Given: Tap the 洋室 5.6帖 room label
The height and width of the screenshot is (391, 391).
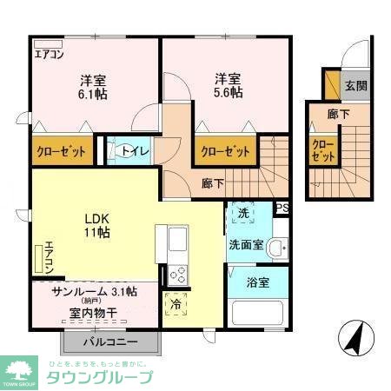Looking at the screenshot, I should point(229,84).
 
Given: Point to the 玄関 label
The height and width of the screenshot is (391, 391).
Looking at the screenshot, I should point(355,85).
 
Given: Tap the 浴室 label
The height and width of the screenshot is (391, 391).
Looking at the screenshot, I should point(256,282).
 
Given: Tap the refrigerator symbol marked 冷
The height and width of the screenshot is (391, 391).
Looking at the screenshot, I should point(176,305).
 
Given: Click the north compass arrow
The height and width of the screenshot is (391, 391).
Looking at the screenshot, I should point(355,338).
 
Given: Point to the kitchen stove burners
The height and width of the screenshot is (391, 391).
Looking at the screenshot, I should point(176,274).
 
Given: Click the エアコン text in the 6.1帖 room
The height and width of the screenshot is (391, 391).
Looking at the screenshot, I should point(49,54).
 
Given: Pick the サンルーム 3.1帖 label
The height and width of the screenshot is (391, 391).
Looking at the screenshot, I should point(94,292).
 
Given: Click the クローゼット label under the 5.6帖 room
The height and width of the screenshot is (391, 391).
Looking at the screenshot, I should point(225,151).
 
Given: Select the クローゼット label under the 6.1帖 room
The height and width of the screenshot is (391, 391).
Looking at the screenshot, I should point(61,151).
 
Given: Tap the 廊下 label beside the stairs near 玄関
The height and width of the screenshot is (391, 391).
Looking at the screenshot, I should point(339,114).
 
